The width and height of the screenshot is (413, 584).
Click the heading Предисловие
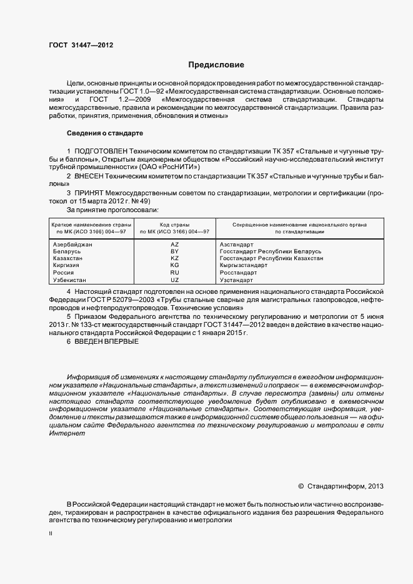tap(216, 65)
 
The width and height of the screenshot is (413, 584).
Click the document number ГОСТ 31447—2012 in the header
tap(81, 45)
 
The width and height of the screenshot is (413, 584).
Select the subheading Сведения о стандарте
tap(105, 134)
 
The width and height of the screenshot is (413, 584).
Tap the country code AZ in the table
tap(175, 245)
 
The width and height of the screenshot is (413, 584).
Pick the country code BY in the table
tap(175, 251)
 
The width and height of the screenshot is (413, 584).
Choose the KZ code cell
tap(175, 258)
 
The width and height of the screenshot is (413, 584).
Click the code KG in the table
tap(175, 265)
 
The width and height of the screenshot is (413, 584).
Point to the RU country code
tap(175, 273)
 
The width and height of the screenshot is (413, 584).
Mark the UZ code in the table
tap(175, 280)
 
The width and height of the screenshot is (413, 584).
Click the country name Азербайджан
tap(73, 245)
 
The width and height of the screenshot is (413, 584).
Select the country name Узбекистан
tap(71, 280)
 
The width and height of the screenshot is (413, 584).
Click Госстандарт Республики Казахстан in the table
tap(272, 258)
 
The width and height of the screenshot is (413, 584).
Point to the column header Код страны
tap(175, 224)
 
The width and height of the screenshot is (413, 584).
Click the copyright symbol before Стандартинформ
tap(301, 485)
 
